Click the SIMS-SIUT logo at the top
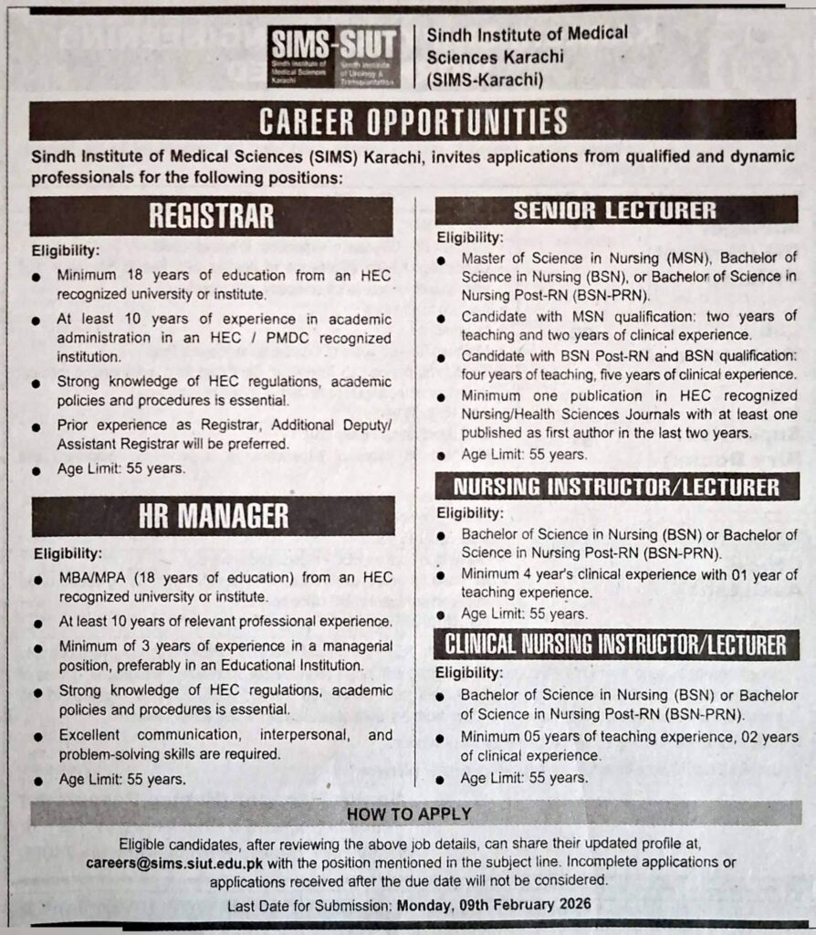point(333,57)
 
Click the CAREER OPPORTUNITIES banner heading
point(413,121)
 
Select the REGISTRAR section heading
point(211,216)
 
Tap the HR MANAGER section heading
point(213,516)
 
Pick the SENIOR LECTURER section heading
point(614,211)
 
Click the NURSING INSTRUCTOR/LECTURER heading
point(617,487)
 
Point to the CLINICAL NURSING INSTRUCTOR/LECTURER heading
point(616,645)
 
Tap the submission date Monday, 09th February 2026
point(494,904)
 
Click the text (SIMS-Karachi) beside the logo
point(485,79)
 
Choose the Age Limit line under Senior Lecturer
point(524,455)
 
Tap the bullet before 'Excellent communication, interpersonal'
point(37,736)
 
